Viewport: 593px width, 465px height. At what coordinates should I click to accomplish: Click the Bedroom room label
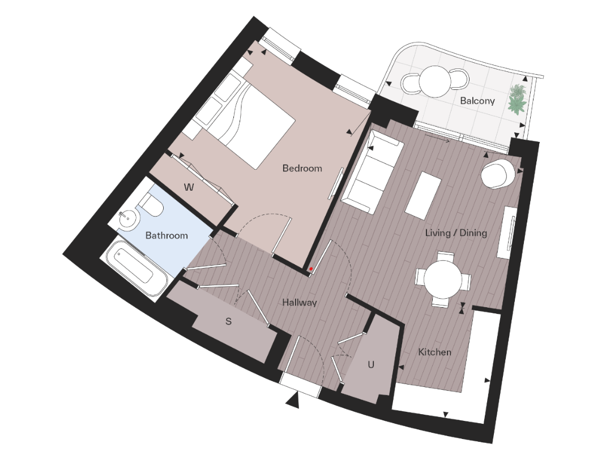302,168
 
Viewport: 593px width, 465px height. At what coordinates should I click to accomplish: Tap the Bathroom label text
167,235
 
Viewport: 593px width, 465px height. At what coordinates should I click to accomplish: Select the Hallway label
300,303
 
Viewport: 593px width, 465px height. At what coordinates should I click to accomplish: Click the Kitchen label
434,352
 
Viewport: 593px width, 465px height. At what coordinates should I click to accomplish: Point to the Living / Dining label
457,233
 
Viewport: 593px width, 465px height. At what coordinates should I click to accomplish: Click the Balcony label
477,101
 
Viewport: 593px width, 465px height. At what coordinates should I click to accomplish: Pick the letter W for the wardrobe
189,188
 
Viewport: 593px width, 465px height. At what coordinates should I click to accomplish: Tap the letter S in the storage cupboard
229,321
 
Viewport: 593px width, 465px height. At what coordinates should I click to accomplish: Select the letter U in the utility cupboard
371,365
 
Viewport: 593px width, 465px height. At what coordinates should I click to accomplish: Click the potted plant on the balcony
518,99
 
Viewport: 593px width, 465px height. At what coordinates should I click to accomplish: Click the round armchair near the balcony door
498,173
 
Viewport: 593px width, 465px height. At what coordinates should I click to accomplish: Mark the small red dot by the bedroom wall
311,269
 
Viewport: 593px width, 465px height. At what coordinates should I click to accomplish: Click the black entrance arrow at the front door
292,400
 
